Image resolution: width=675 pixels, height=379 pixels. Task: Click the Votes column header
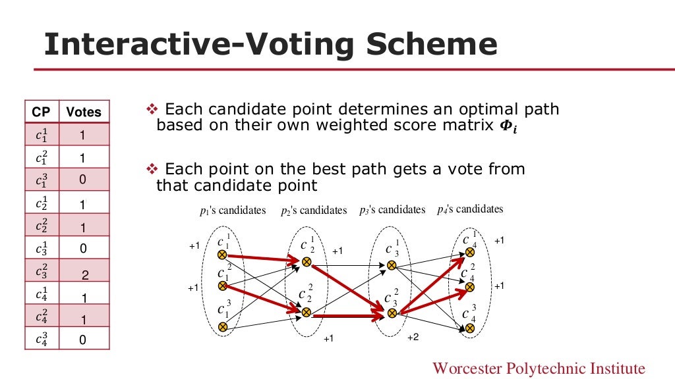(84, 112)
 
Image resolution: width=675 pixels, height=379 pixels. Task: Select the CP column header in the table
(41, 112)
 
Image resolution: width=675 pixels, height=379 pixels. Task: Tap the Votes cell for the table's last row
(83, 340)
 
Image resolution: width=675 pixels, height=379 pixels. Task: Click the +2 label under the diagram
(413, 338)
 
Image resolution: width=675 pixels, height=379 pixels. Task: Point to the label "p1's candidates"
(233, 211)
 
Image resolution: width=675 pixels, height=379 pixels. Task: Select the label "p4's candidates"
(470, 209)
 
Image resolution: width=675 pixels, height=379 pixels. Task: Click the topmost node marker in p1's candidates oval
(223, 254)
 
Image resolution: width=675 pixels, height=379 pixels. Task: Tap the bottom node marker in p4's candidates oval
(470, 327)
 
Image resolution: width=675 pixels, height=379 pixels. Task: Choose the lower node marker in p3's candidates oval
(392, 313)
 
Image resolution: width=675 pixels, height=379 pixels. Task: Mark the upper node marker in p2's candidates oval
(306, 262)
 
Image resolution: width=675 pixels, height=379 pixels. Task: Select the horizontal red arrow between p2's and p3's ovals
(348, 316)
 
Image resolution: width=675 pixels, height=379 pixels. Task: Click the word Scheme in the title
(431, 45)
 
